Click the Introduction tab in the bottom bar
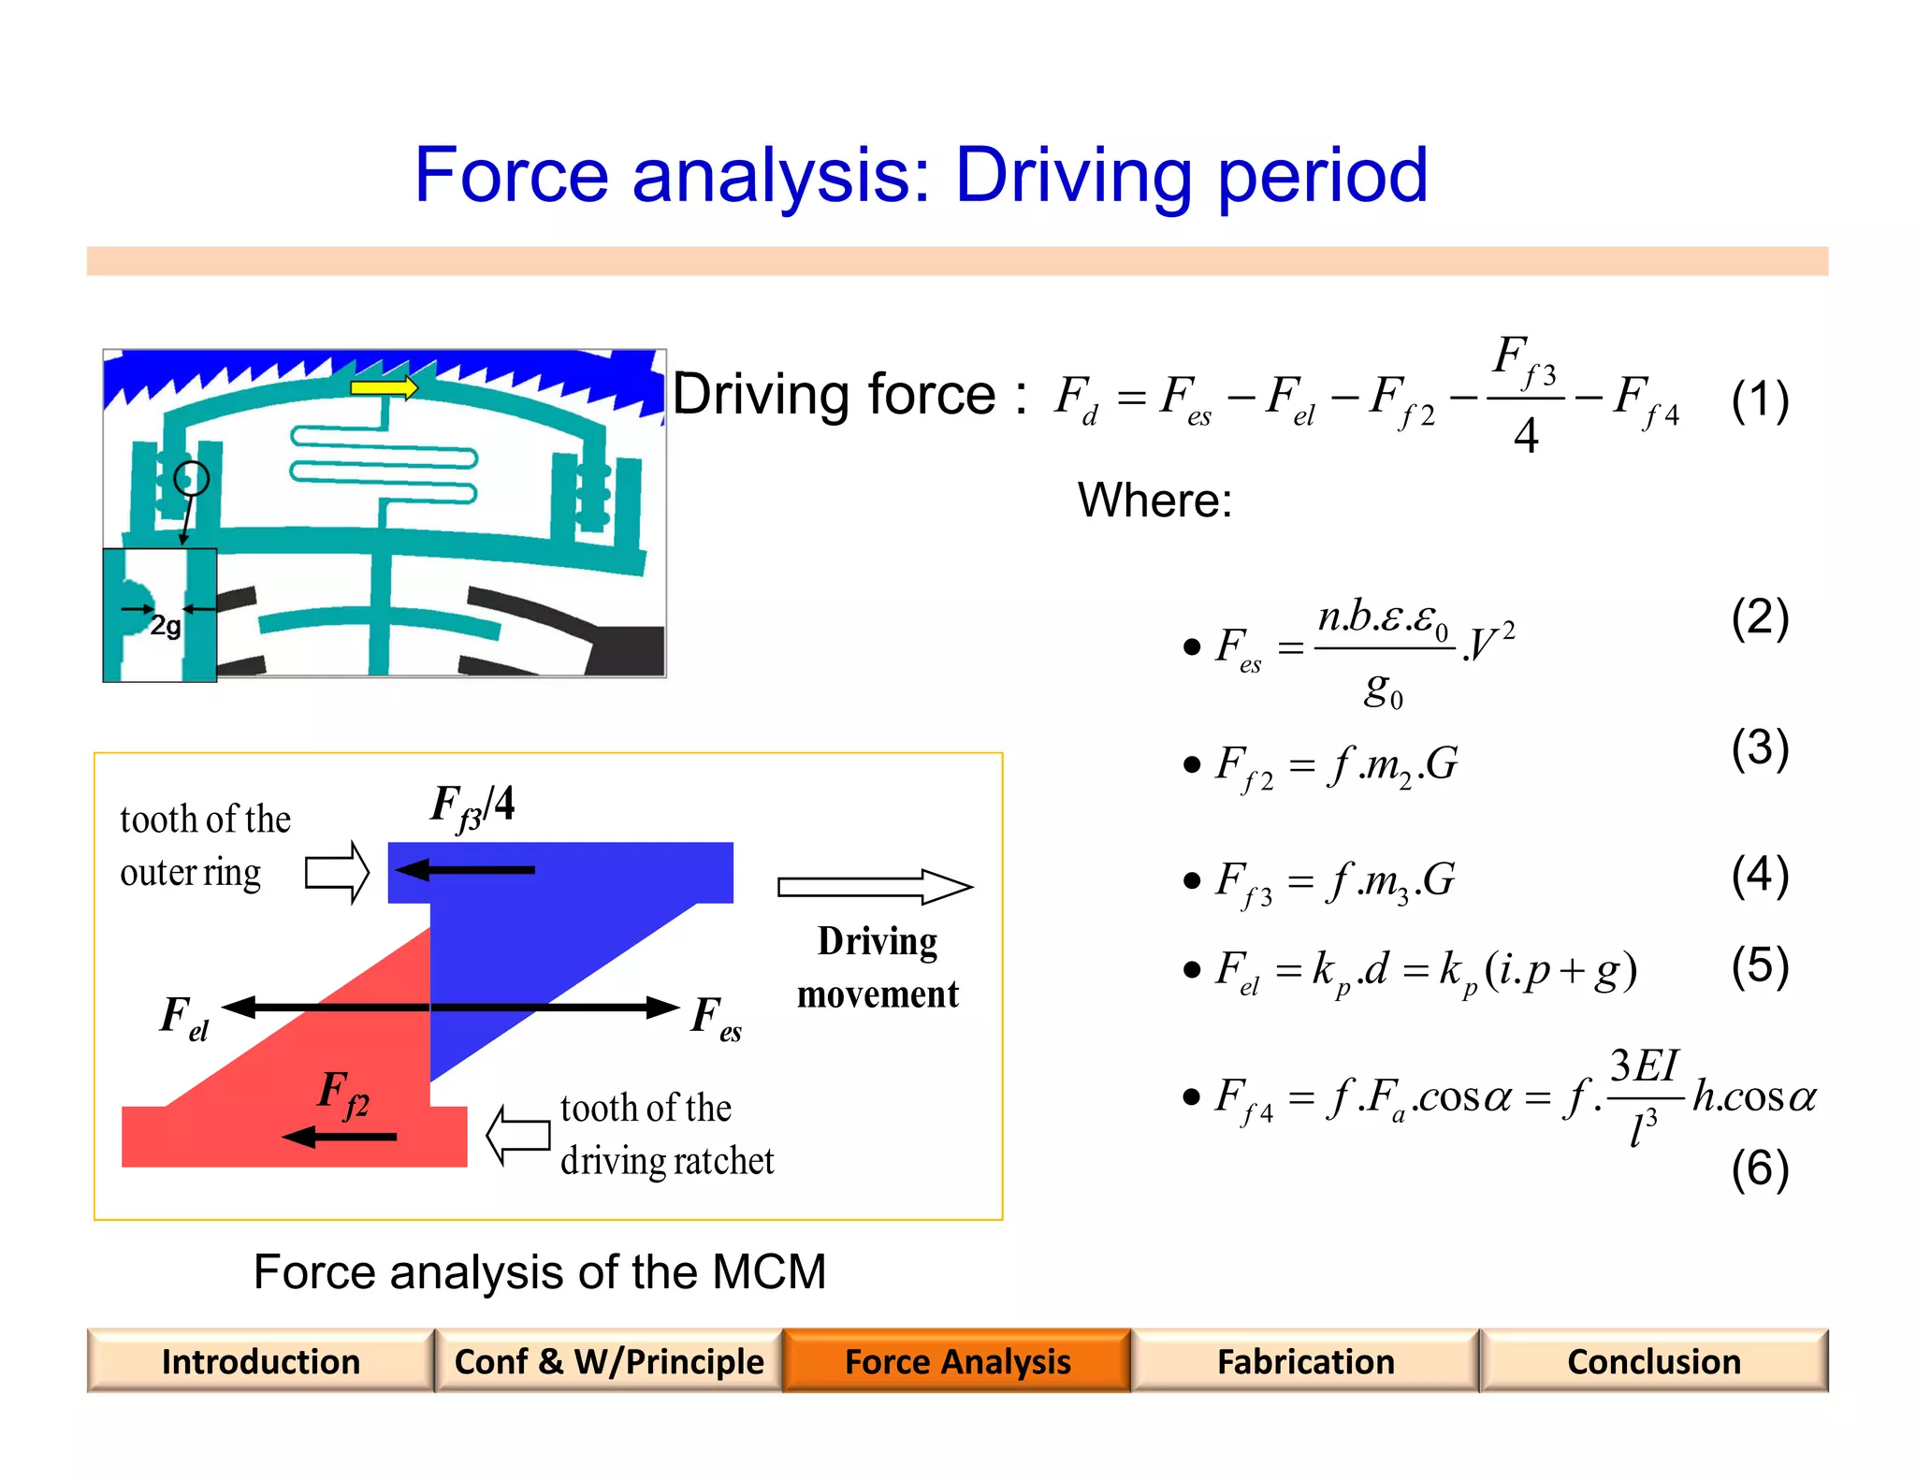point(260,1361)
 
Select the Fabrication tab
point(1305,1361)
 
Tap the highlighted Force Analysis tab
point(957,1361)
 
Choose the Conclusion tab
point(1653,1361)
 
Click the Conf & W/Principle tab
point(608,1361)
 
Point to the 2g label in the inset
point(166,625)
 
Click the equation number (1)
point(1760,400)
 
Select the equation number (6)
point(1760,1168)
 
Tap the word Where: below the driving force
point(1154,501)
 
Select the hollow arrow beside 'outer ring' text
point(338,872)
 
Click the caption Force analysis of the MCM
point(540,1272)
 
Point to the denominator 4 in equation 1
point(1526,436)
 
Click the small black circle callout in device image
point(192,478)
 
